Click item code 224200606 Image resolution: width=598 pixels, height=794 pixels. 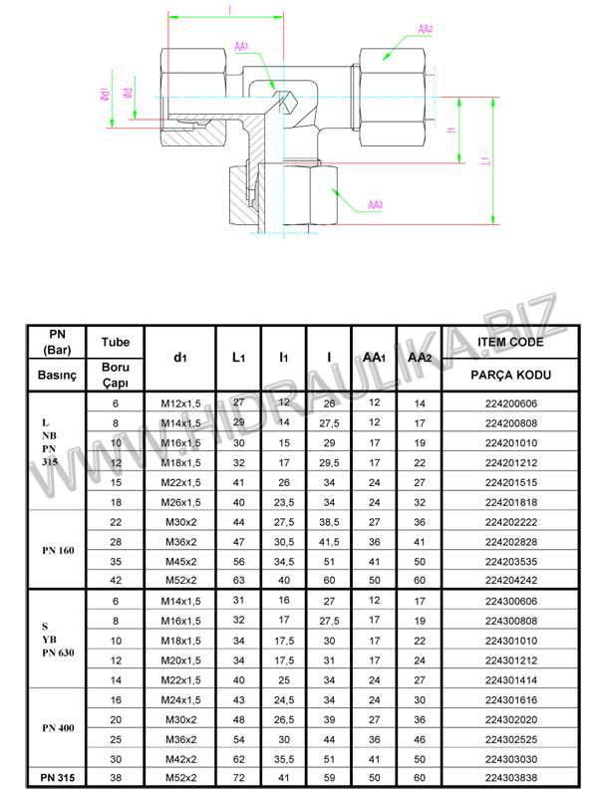tap(512, 403)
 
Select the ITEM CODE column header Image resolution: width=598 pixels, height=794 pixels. tap(512, 341)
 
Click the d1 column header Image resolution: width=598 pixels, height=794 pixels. tap(179, 357)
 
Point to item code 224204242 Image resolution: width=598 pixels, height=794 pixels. tap(512, 579)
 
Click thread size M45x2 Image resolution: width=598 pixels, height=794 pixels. tap(179, 559)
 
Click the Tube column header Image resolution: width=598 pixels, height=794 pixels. tap(116, 341)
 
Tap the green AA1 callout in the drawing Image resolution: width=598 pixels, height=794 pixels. tap(242, 47)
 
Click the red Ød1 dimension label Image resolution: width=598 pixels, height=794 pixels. tap(104, 96)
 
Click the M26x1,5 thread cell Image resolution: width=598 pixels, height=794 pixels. tap(179, 501)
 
